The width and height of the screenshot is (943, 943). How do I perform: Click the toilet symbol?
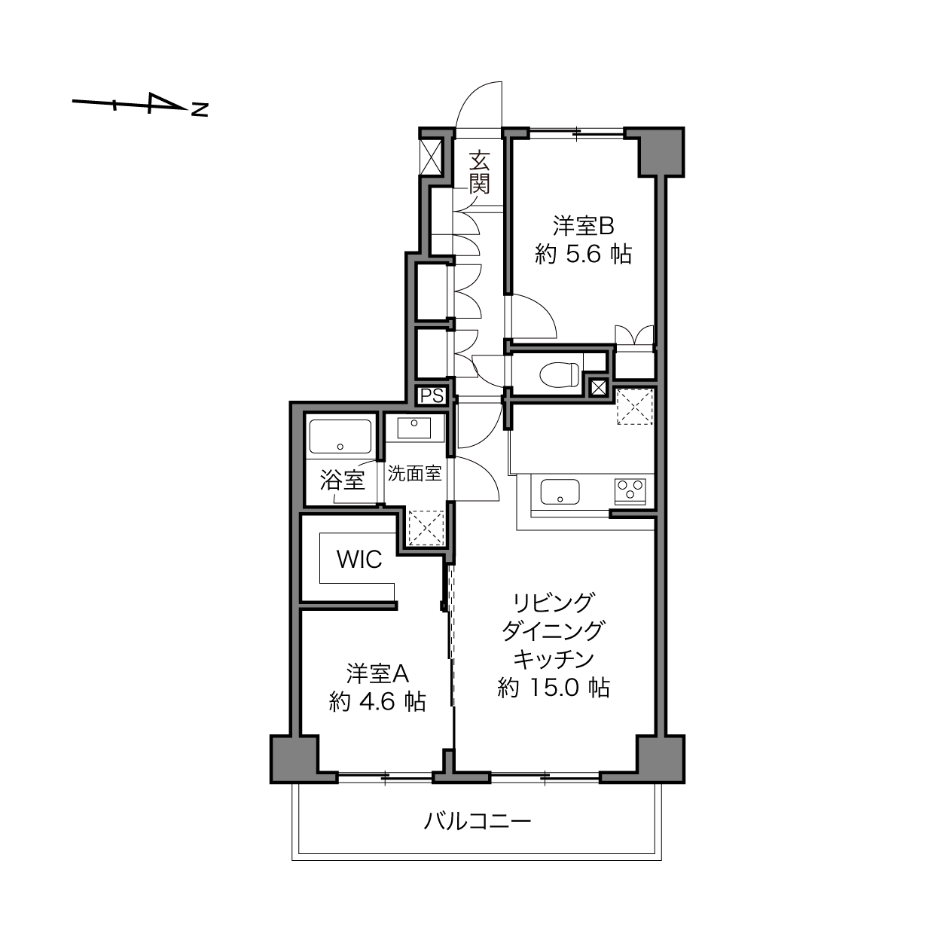click(x=560, y=374)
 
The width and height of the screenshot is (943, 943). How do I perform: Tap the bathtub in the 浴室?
click(x=340, y=436)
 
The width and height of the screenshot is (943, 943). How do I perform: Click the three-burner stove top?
click(x=630, y=491)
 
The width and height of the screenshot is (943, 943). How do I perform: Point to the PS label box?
click(x=432, y=395)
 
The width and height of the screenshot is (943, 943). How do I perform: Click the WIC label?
click(x=359, y=560)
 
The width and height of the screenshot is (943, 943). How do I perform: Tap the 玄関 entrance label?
click(x=479, y=172)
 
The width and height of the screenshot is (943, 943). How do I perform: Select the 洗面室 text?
click(x=414, y=473)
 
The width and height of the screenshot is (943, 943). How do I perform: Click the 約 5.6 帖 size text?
click(x=583, y=255)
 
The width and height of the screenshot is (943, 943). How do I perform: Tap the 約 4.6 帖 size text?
click(x=377, y=702)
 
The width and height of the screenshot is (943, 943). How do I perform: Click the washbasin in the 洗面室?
click(x=414, y=428)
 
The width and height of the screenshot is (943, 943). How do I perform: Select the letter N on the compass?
click(x=200, y=110)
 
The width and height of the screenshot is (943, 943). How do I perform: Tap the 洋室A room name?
click(x=377, y=674)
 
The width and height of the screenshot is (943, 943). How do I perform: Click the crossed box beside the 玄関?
click(x=431, y=156)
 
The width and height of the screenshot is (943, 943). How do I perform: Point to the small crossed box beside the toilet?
click(x=598, y=388)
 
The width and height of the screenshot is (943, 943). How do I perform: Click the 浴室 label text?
click(x=343, y=480)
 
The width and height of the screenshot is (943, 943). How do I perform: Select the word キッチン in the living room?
click(x=554, y=659)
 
